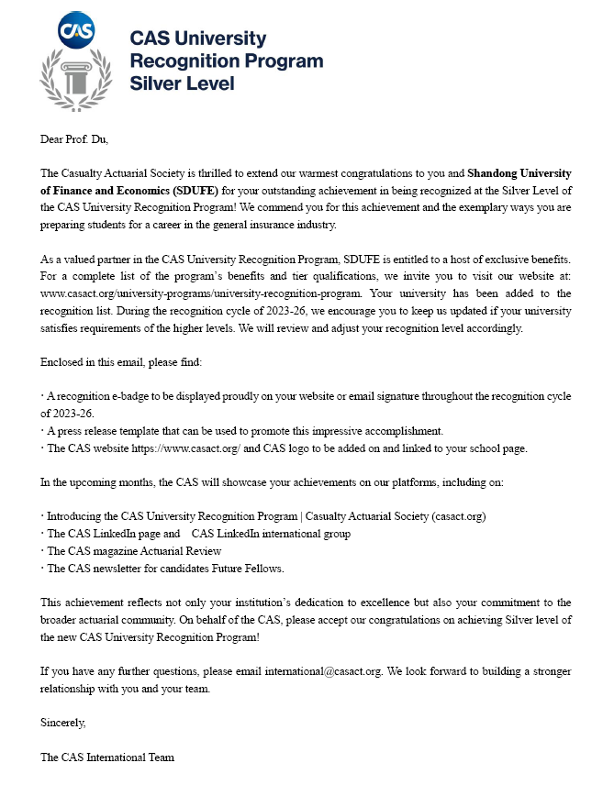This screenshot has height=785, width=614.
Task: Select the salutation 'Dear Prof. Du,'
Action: (x=80, y=139)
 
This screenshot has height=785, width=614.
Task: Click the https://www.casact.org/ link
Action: (x=186, y=448)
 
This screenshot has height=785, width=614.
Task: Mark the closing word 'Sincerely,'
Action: (x=63, y=723)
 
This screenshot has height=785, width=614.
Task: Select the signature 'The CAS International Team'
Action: (x=107, y=757)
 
